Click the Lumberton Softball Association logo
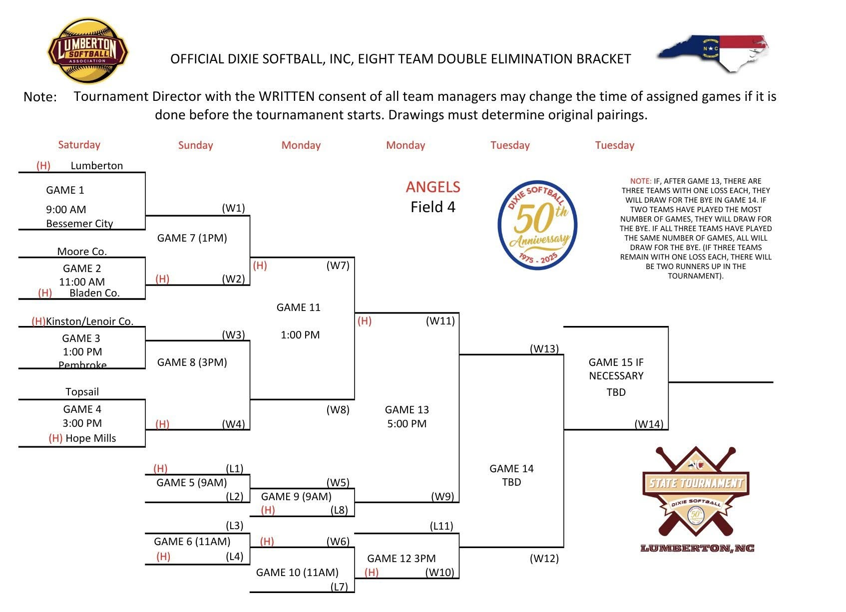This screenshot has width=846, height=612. point(87,51)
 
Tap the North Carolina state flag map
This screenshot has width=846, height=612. point(713,53)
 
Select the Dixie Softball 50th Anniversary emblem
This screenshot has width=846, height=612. point(537,225)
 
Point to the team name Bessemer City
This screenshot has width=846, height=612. point(79,224)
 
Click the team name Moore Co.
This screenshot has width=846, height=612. point(82,251)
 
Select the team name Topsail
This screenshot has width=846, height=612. point(82,392)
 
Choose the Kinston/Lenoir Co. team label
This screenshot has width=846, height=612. point(89,321)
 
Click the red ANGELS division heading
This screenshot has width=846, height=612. point(433,187)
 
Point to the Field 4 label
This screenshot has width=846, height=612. point(433,207)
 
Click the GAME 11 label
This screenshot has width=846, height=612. point(298,307)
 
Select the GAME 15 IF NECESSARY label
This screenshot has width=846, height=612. point(616,369)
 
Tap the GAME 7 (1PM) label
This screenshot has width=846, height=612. point(192,238)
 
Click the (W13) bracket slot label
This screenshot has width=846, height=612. point(544,348)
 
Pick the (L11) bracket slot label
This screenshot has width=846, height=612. point(441,526)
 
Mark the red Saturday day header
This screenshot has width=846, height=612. point(79,145)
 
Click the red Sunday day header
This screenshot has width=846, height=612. point(195,145)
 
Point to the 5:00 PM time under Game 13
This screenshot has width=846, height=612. point(407,424)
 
